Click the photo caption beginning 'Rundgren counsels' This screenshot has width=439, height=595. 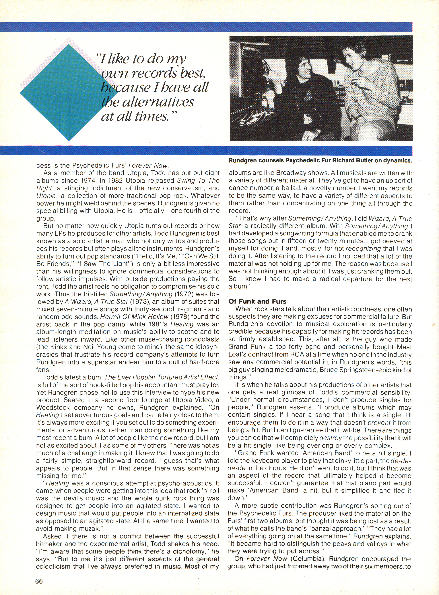(x=320, y=161)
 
